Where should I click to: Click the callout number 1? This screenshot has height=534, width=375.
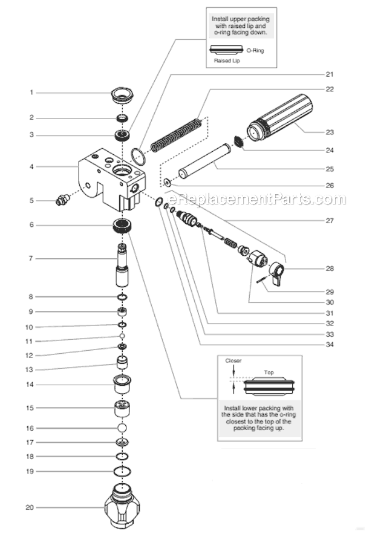coord(31,93)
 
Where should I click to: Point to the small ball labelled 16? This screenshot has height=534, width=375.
coord(123,427)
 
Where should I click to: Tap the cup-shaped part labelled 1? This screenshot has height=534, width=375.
coord(123,94)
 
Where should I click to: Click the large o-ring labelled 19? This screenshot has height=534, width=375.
coord(123,471)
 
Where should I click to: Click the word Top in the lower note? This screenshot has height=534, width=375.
coord(269,373)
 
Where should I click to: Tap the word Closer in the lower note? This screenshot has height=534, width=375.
coord(233,361)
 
